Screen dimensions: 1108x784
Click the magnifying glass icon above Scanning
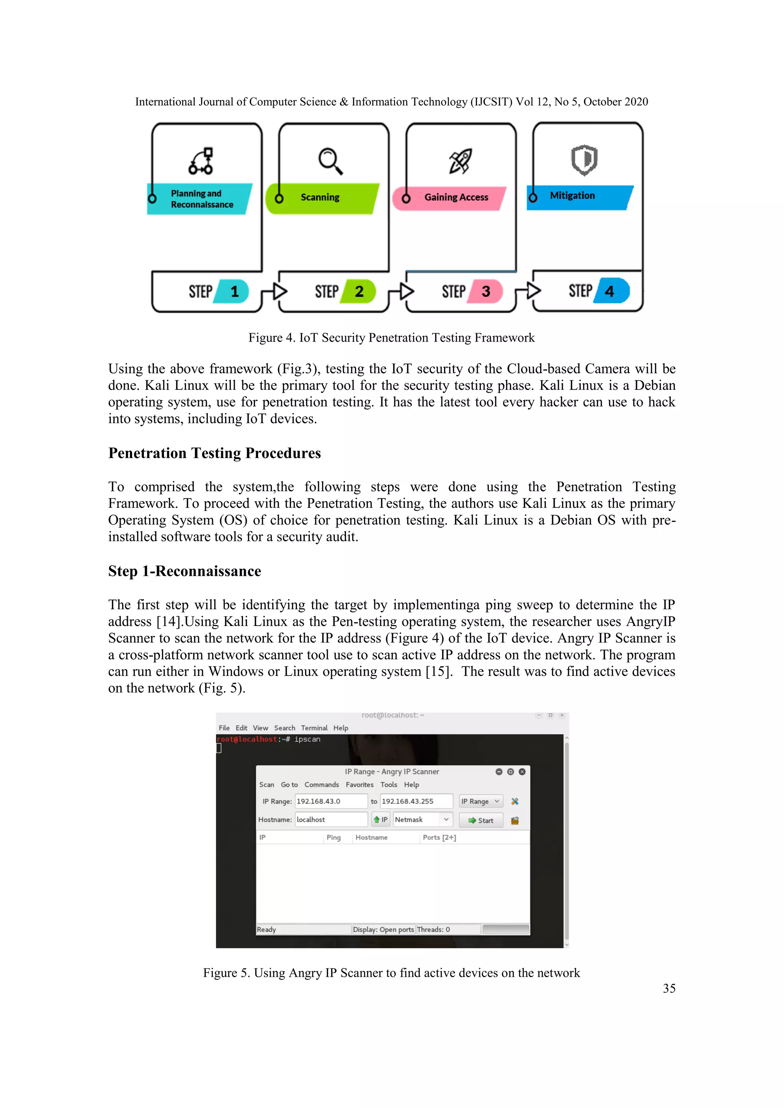click(331, 161)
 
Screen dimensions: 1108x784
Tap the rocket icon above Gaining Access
click(460, 161)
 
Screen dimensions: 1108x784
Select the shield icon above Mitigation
click(584, 160)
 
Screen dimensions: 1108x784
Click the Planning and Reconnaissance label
click(201, 199)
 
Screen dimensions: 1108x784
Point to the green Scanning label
click(320, 197)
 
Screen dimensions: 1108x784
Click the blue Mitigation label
click(573, 196)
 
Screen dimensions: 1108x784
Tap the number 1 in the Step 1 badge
click(235, 292)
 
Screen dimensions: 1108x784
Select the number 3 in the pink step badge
click(486, 292)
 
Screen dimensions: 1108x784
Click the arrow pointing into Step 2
click(279, 291)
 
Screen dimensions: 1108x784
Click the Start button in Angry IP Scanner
click(481, 820)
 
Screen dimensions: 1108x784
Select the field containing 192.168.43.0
click(331, 802)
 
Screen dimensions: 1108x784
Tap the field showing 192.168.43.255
click(416, 802)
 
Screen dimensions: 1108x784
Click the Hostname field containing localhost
click(331, 820)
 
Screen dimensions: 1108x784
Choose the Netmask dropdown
click(422, 820)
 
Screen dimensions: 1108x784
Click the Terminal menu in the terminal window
click(314, 728)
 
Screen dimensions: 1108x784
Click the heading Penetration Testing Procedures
click(214, 453)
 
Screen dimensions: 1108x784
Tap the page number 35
click(669, 989)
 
